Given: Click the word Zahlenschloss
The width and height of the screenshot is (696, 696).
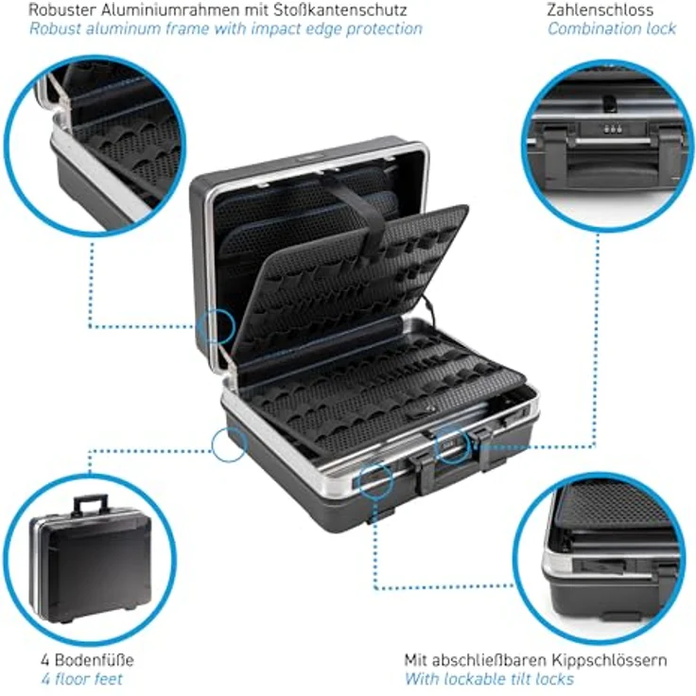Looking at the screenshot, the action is click(x=600, y=9).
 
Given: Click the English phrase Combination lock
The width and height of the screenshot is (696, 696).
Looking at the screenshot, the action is click(x=612, y=29).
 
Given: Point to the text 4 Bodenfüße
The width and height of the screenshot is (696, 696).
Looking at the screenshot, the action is click(x=87, y=660).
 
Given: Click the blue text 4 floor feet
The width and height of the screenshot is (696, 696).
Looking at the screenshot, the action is click(x=81, y=679).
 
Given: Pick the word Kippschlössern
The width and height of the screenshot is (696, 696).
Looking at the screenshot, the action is click(x=609, y=660).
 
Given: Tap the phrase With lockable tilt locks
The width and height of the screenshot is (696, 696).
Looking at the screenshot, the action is click(x=489, y=679).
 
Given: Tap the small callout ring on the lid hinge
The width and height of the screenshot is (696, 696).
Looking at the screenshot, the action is click(x=217, y=326).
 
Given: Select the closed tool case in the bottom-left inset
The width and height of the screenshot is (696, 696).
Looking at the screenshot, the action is click(x=90, y=558).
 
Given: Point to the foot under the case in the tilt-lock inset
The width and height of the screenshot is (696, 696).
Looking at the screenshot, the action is click(x=616, y=617).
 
